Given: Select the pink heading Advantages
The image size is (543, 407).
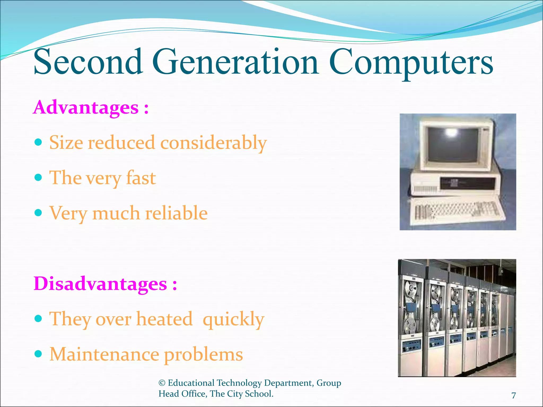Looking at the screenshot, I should tap(86, 107).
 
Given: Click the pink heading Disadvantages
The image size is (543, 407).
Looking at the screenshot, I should tap(100, 284).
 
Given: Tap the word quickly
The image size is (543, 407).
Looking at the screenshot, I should tap(233, 319).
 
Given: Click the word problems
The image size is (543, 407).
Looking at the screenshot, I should tap(203, 355).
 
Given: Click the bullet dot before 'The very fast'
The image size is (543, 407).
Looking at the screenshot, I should tap(38, 177).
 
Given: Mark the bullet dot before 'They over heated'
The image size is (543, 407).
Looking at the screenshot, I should tap(38, 318).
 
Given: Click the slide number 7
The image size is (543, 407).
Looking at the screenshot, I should tap(514, 395).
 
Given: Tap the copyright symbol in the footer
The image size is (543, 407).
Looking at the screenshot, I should tap(162, 383).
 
